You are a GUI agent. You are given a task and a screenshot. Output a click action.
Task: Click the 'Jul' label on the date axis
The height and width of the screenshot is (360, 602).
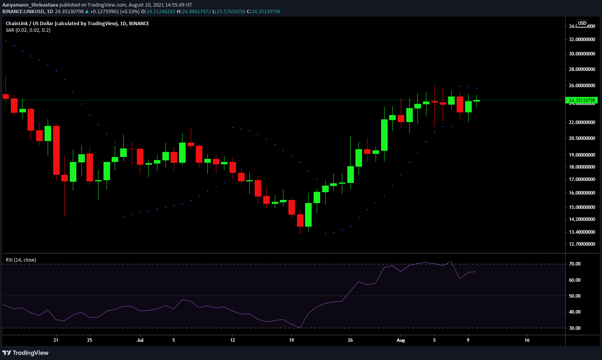pyautogui.click(x=140, y=340)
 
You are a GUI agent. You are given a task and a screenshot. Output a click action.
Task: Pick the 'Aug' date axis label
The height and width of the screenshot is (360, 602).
pyautogui.click(x=400, y=340)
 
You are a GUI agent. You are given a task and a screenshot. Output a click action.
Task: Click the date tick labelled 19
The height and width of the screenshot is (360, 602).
pyautogui.click(x=292, y=340)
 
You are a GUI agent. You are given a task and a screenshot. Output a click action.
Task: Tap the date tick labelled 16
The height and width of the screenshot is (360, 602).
pyautogui.click(x=527, y=340)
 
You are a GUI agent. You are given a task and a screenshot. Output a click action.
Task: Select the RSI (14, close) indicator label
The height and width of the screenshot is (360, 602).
pyautogui.click(x=21, y=260)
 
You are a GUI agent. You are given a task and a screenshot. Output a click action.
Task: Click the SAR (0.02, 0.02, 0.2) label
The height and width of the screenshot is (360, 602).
pyautogui.click(x=28, y=30)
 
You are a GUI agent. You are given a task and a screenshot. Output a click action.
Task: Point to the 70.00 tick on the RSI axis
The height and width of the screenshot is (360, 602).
pyautogui.click(x=575, y=264)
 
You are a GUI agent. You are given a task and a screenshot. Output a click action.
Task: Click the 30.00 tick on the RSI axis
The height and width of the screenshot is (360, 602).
pyautogui.click(x=575, y=328)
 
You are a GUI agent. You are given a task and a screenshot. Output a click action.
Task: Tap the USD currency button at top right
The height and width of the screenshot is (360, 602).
pyautogui.click(x=582, y=23)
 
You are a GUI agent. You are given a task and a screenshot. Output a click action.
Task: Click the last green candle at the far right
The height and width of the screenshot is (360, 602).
pyautogui.click(x=476, y=101)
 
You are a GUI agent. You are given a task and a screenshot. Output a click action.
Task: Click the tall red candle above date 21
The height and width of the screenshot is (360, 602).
pyautogui.click(x=56, y=150)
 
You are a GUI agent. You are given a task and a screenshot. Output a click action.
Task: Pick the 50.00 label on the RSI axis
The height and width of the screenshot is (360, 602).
pyautogui.click(x=575, y=296)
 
